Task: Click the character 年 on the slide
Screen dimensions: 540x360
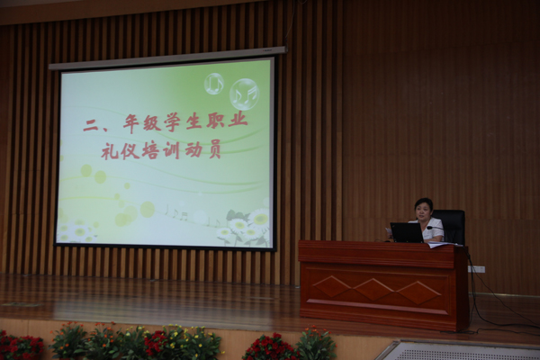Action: (x=133, y=124)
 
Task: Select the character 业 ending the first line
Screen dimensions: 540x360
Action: (x=238, y=121)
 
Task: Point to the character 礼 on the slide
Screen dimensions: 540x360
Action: (x=110, y=151)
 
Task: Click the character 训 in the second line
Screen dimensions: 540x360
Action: (x=172, y=150)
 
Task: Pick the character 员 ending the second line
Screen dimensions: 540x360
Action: (x=213, y=149)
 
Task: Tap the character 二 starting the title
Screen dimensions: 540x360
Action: (x=91, y=126)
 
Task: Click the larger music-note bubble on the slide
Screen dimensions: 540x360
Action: (x=244, y=94)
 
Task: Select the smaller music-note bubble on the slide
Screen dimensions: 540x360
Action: (x=214, y=84)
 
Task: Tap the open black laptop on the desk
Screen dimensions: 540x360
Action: (x=407, y=232)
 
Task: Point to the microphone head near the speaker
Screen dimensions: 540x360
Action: (x=429, y=228)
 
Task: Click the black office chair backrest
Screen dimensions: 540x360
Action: (x=451, y=226)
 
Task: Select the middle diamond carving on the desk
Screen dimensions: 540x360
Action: (x=374, y=290)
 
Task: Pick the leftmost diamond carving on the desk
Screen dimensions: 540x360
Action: (x=332, y=286)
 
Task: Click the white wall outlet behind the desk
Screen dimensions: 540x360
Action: (x=477, y=269)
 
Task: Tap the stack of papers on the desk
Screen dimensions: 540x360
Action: (x=445, y=245)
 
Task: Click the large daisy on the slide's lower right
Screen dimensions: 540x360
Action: (x=259, y=218)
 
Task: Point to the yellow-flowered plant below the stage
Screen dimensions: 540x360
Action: (x=189, y=342)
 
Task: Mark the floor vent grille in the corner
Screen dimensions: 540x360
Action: (x=458, y=350)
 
